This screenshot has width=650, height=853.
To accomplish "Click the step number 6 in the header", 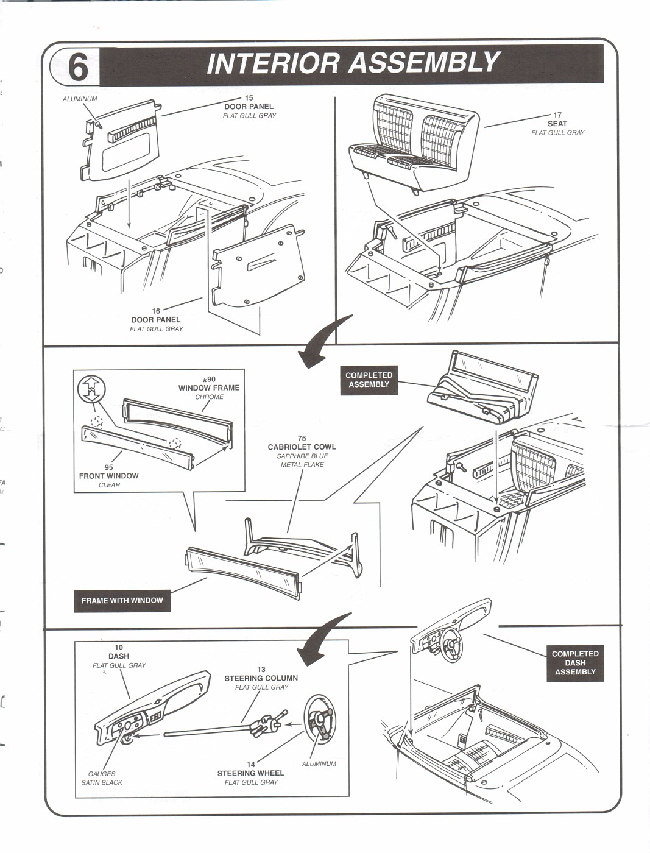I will (77, 67).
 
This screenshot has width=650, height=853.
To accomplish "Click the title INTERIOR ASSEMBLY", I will (353, 63).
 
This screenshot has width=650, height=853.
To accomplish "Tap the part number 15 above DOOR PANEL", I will (249, 97).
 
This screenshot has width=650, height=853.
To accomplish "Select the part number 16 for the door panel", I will (156, 311).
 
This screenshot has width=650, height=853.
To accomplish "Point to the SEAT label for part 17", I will (557, 124).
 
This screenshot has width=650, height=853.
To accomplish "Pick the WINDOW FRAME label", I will (209, 388).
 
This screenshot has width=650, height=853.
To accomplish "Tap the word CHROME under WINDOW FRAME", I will (209, 397).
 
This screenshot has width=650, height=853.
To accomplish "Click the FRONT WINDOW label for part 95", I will (108, 476).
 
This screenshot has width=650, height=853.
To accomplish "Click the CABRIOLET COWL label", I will (302, 447).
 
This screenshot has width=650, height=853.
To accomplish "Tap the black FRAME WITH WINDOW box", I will (122, 600).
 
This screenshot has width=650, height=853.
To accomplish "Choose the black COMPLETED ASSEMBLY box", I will (369, 380).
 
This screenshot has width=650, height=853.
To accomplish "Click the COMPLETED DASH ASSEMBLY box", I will (575, 663).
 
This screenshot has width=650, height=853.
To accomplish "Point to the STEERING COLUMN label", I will (261, 678).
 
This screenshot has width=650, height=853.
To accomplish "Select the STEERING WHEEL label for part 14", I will (250, 773).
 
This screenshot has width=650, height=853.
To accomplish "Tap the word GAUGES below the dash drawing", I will (102, 774).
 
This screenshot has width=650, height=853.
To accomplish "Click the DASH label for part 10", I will (119, 656).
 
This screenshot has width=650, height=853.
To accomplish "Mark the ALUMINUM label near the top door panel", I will (80, 99).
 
